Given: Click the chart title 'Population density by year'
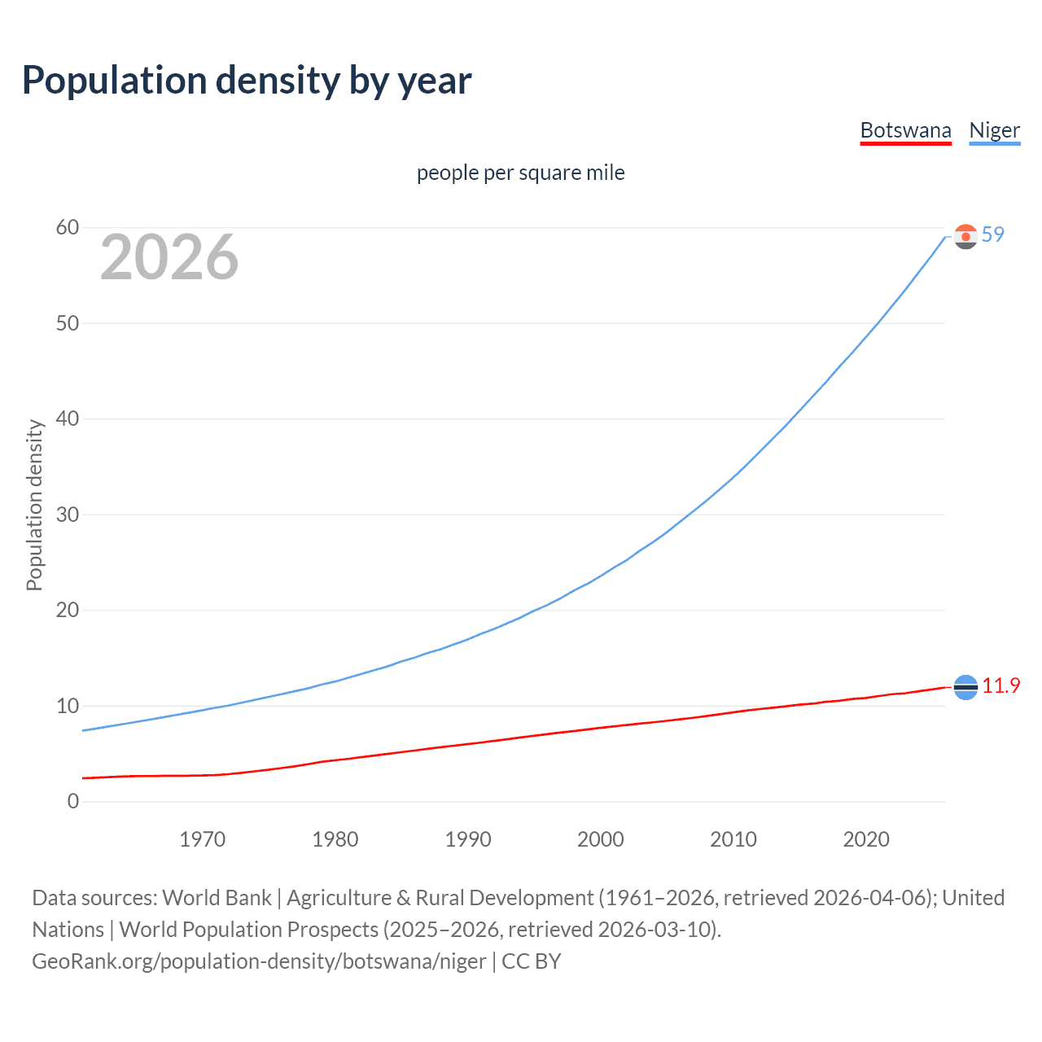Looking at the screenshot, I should (247, 81).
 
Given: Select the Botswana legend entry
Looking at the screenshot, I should (905, 130).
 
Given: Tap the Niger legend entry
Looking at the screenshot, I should (994, 130).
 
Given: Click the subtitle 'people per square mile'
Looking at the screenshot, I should (520, 173).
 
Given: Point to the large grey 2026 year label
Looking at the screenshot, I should (169, 257).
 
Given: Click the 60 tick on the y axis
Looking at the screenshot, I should (68, 228).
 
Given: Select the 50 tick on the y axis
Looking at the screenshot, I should (68, 323).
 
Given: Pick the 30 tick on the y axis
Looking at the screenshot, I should (68, 514).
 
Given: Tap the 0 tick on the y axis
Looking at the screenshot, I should (73, 802).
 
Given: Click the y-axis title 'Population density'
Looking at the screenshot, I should (34, 505).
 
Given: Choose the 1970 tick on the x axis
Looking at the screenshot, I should (202, 839).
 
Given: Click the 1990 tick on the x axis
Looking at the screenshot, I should (467, 839).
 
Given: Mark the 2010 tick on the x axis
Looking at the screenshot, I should (733, 839).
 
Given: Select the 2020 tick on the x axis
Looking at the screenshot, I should (865, 839).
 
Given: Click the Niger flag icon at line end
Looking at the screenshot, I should (965, 237).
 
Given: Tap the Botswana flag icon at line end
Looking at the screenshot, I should (965, 688).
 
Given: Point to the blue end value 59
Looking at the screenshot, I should (992, 234).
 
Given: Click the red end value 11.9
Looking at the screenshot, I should (1000, 685).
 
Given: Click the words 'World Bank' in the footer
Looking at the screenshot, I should (217, 898).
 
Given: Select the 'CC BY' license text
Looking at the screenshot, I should (531, 961).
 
